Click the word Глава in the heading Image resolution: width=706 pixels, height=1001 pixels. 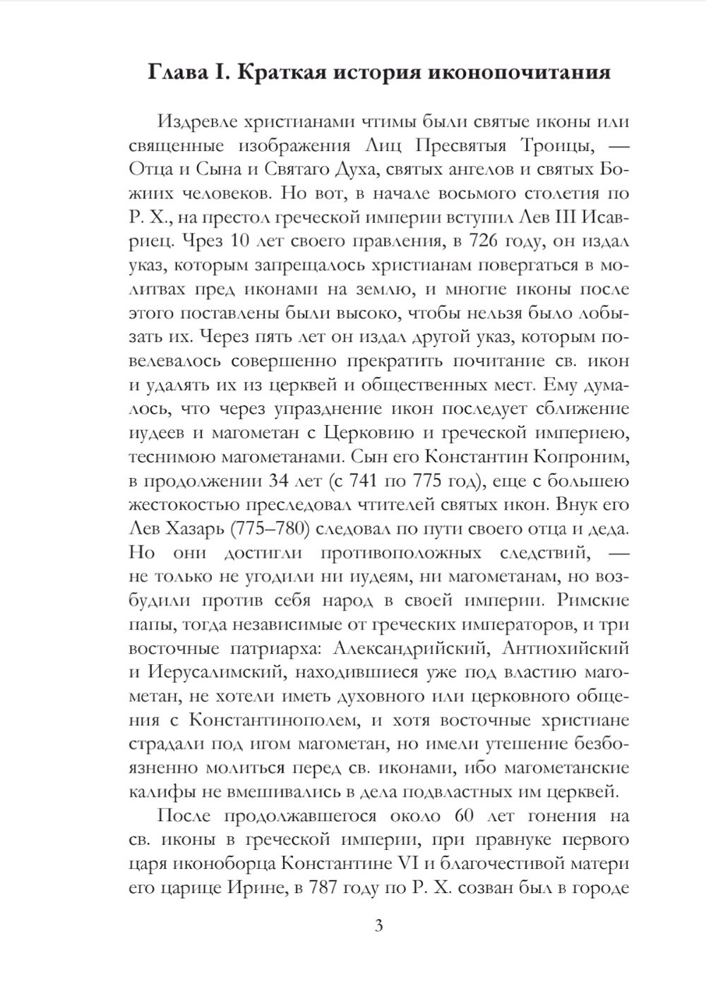pyautogui.click(x=176, y=73)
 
